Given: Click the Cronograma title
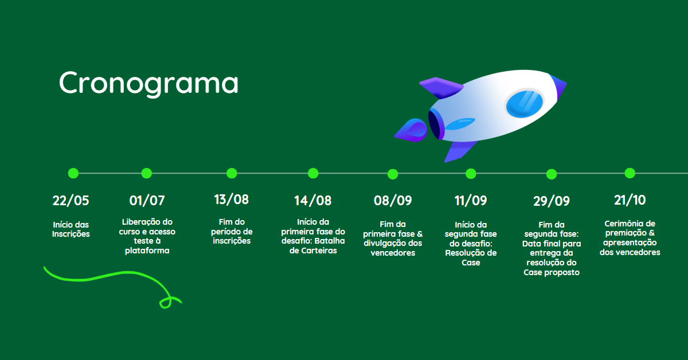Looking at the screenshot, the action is tap(148, 83).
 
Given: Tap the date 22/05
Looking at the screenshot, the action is tap(71, 201).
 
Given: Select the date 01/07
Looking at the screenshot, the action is tap(147, 201).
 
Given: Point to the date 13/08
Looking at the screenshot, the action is tap(231, 199).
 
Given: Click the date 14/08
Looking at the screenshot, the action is tap(312, 201).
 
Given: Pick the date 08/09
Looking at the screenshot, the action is tap(393, 201).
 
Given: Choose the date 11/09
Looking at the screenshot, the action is tap(471, 201).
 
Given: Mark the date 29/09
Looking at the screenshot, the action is tap(552, 201).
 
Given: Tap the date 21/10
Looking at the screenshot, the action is tap(630, 200).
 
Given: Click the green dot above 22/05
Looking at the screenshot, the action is tap(73, 173).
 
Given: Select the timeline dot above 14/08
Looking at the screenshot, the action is tap(313, 173).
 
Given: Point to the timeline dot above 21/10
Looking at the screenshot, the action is tap(630, 173).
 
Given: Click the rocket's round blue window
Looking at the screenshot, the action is tap(524, 104).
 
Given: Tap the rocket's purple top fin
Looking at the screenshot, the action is tap(441, 88).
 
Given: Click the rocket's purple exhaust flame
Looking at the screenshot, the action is tap(411, 130).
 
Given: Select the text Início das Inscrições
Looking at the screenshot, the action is tap(71, 229).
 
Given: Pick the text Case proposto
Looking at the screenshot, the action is tap(552, 272).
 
